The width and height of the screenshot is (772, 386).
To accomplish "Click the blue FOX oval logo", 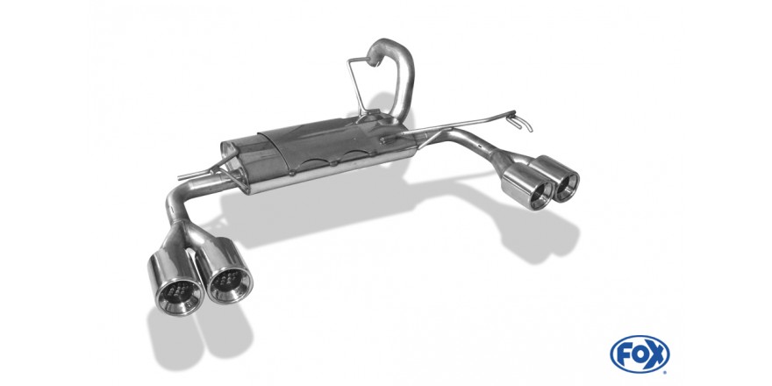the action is coord(640,354).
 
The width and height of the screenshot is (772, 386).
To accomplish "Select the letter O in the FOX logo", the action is coord(639,354).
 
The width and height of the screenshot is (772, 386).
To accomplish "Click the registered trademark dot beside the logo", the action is coord(666,372).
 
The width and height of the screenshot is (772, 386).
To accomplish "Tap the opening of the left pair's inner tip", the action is coord(229,283).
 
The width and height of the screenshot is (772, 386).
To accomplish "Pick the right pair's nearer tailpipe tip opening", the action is coord(540,195).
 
